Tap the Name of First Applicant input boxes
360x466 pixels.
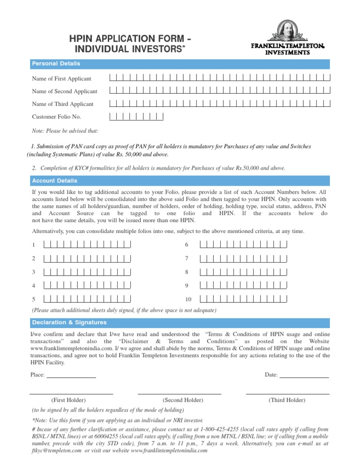pyautogui.click(x=219, y=78)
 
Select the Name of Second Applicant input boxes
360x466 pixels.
pyautogui.click(x=219, y=90)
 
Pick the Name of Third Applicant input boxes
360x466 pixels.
pyautogui.click(x=219, y=104)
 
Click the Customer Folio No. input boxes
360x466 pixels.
pyautogui.click(x=136, y=116)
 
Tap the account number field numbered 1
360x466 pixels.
pyautogui.click(x=87, y=244)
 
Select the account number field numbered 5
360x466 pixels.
pyautogui.click(x=87, y=299)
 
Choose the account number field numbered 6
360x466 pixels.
pyautogui.click(x=243, y=244)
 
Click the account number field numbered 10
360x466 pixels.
pyautogui.click(x=243, y=299)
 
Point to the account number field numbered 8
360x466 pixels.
pyautogui.click(x=243, y=271)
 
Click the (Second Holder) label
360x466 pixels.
pyautogui.click(x=182, y=400)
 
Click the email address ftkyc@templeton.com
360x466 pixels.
pyautogui.click(x=55, y=451)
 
